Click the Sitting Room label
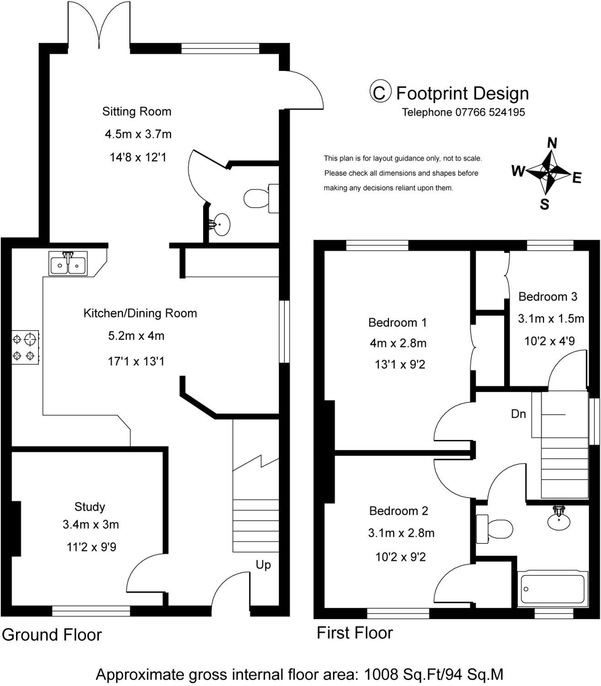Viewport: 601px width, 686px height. click(x=137, y=112)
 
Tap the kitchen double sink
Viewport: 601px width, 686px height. click(x=68, y=263)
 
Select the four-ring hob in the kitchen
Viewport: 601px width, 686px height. click(x=26, y=347)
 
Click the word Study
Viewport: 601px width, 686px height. click(x=90, y=507)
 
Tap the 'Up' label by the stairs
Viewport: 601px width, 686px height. click(x=263, y=565)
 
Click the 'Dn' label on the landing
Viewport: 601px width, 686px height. click(x=518, y=413)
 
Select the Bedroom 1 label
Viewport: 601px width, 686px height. click(x=397, y=322)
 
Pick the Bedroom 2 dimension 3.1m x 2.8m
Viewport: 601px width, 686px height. click(x=401, y=533)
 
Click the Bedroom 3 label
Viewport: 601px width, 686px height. click(x=547, y=296)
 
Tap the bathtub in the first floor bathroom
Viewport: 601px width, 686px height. click(x=553, y=589)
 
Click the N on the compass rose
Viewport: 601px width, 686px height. click(x=552, y=143)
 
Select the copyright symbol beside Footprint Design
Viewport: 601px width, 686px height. click(x=380, y=91)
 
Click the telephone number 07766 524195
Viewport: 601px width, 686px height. click(x=490, y=112)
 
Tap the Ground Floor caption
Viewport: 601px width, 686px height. click(x=52, y=635)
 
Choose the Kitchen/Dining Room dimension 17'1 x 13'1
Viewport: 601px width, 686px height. click(x=136, y=361)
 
